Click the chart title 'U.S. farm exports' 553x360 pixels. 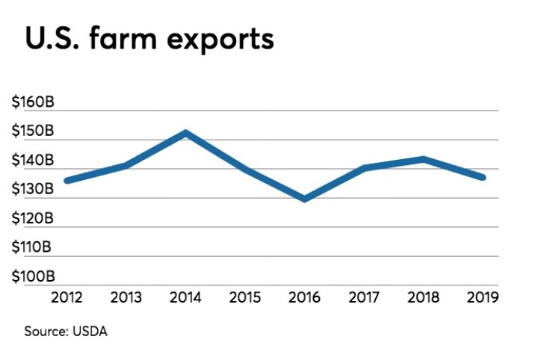149,40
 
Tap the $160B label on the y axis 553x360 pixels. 32,102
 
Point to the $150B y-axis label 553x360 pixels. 32,131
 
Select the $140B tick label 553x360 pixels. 32,161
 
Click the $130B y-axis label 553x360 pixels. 32,190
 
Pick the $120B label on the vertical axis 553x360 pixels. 32,219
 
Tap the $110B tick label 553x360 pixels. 32,248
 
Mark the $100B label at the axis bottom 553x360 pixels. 32,277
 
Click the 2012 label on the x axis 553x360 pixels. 67,297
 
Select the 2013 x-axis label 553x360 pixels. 125,297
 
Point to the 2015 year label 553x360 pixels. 244,297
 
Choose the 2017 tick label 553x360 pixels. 364,297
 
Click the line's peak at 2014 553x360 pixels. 185,133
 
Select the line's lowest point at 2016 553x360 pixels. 304,199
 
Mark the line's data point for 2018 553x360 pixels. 424,159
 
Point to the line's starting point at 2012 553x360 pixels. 67,180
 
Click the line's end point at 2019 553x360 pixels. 483,177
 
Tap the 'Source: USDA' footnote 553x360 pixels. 67,331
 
